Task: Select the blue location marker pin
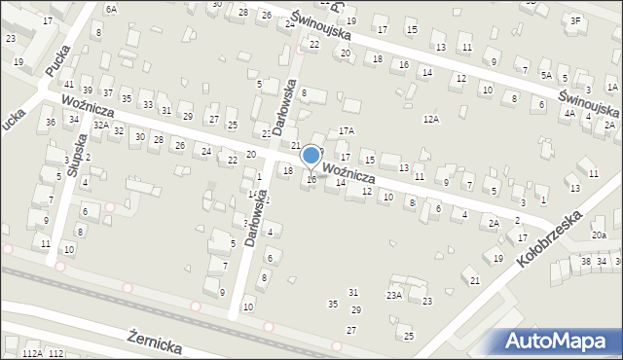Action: point(311,156)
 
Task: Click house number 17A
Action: point(347,130)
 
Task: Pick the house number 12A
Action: point(430,119)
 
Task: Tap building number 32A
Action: point(100,126)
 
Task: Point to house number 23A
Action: point(394,294)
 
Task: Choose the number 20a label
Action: point(599,235)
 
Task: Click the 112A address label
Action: point(32,353)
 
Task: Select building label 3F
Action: point(575,20)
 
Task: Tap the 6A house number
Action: point(111,9)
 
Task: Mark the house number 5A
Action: point(547,75)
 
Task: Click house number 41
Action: point(69,86)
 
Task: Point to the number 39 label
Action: point(87,90)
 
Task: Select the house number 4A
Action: point(569,114)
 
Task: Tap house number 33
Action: point(147,105)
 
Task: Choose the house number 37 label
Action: point(108,95)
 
